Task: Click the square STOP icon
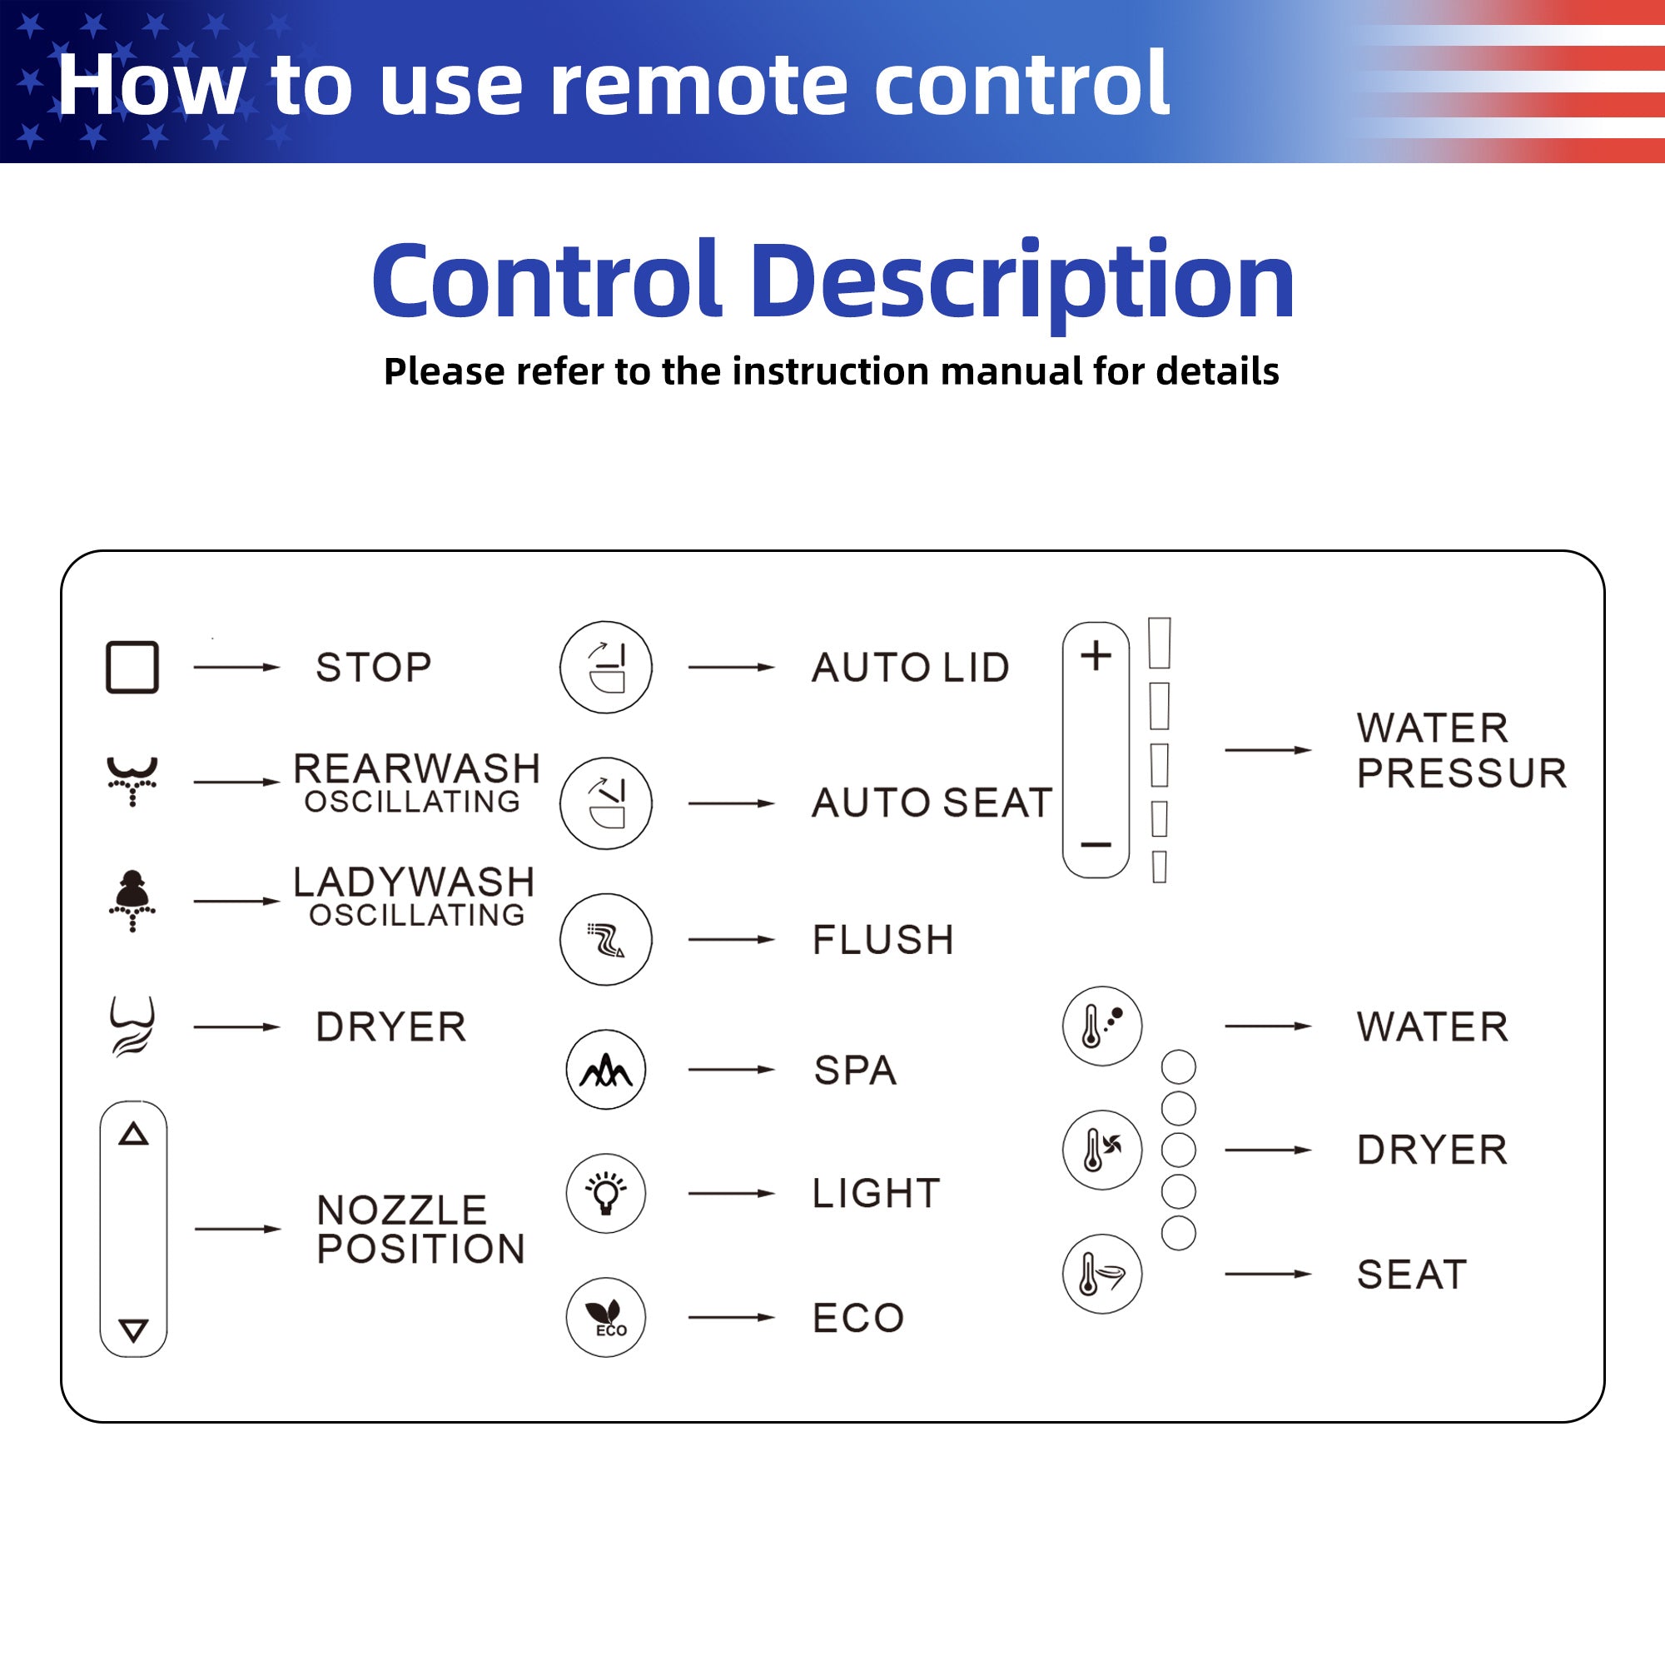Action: click(x=132, y=667)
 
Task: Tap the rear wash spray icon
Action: click(x=132, y=781)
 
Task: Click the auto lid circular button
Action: click(x=606, y=667)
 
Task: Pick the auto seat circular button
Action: click(x=606, y=803)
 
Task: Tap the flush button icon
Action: click(x=606, y=939)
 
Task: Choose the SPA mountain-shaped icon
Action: click(x=606, y=1070)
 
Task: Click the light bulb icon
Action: click(x=606, y=1194)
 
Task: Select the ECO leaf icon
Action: click(x=606, y=1318)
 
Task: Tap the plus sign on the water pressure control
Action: click(x=1096, y=656)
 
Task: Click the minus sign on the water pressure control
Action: click(x=1096, y=844)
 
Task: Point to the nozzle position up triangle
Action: click(x=133, y=1133)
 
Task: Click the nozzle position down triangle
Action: click(x=133, y=1330)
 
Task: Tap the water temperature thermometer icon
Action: click(x=1102, y=1026)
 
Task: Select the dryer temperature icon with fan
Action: click(x=1102, y=1150)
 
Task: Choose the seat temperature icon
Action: click(x=1102, y=1274)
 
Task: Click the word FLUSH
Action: click(x=883, y=939)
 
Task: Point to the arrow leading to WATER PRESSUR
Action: click(x=1268, y=750)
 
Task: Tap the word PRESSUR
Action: click(x=1462, y=773)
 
